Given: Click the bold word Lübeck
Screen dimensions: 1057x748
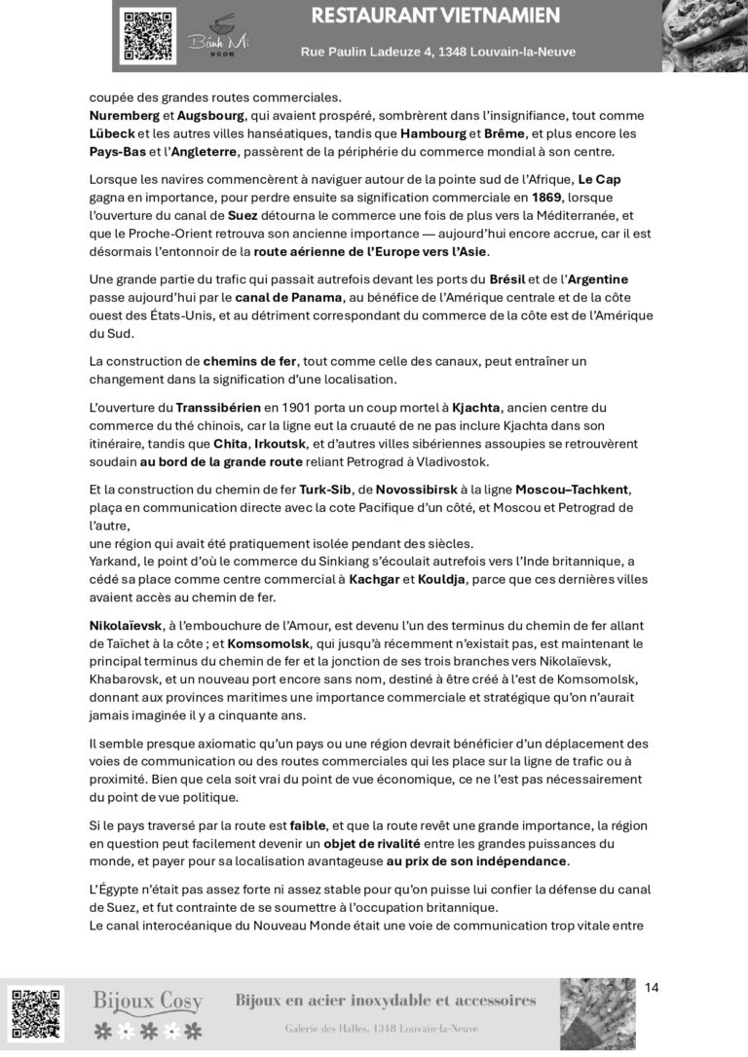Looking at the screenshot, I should [x=111, y=133].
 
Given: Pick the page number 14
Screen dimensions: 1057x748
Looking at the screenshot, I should [x=652, y=988].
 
